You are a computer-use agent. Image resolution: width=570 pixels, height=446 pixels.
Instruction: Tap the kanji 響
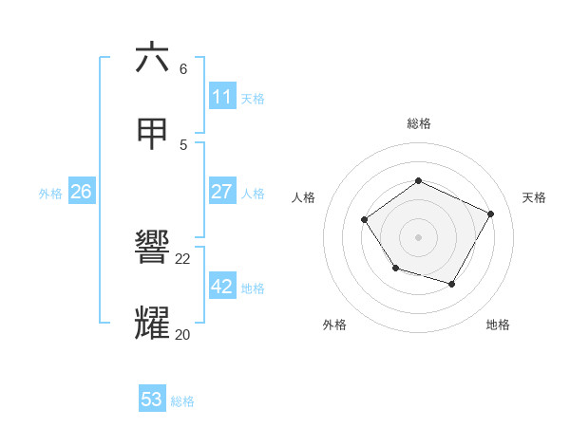pos(152,248)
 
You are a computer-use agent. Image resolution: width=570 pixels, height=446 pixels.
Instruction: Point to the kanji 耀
pos(152,323)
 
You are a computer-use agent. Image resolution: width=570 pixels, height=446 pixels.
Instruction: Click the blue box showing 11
pos(222,97)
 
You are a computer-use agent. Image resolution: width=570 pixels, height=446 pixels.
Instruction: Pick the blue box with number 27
pos(222,192)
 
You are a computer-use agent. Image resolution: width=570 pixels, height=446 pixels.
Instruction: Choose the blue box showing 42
pos(222,287)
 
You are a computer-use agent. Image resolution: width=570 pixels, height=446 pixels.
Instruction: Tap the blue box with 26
pos(81,192)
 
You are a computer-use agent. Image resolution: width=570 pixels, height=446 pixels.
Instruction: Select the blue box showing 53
pos(152,400)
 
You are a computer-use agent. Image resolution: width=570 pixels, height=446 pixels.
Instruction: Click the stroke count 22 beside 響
pos(183,258)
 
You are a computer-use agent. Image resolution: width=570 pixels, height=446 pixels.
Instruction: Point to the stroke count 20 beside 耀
pos(183,334)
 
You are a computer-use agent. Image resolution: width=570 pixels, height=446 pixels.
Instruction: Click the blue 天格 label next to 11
pos(253,98)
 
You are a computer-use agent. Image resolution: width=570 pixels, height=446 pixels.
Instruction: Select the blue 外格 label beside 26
pos(50,193)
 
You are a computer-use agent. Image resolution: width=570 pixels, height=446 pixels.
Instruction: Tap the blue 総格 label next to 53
pos(182,400)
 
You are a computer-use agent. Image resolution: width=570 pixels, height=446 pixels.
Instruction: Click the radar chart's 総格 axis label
pos(419,123)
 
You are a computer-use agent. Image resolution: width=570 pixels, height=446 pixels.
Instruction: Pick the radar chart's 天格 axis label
pos(535,197)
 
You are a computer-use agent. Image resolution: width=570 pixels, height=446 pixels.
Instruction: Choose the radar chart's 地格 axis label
pos(498,325)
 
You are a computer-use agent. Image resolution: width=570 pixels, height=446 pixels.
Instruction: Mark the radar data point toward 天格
pos(491,214)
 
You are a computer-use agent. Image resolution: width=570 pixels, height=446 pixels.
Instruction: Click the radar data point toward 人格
pos(365,220)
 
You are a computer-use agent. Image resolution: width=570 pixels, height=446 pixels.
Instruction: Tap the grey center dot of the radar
pos(419,236)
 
